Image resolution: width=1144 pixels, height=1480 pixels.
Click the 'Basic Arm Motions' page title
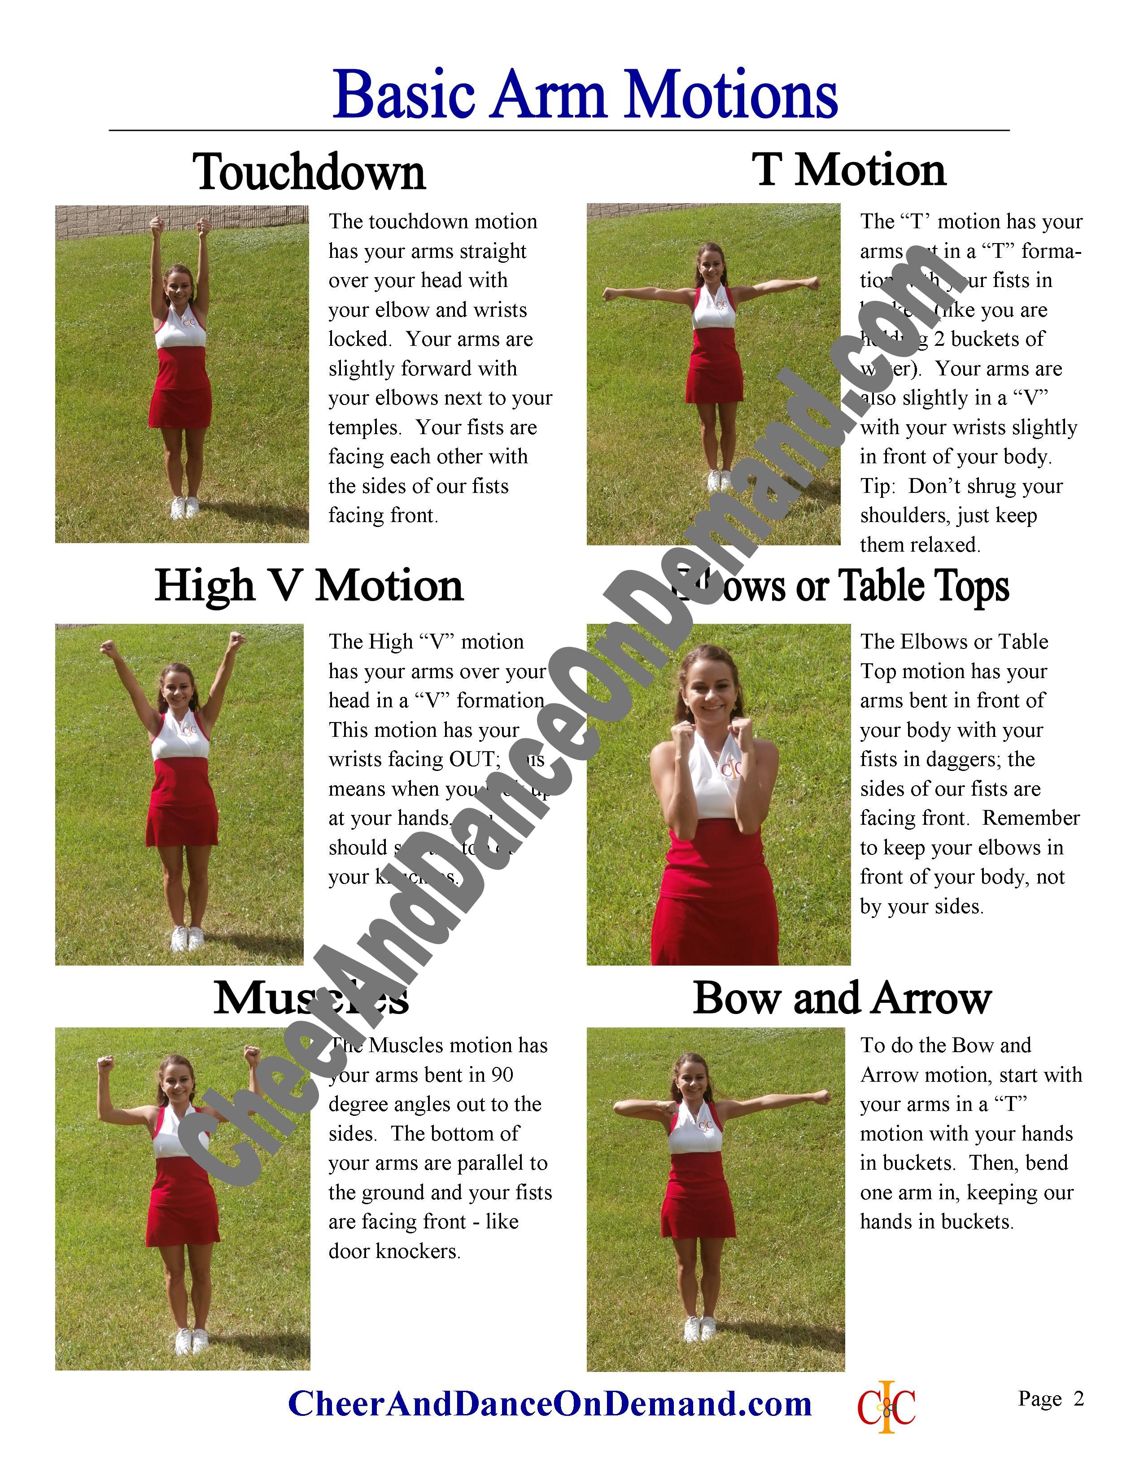(585, 95)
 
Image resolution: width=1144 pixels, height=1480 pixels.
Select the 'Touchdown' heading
(309, 172)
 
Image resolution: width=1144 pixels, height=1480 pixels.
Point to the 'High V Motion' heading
(309, 585)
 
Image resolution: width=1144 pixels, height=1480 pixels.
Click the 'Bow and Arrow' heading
(842, 998)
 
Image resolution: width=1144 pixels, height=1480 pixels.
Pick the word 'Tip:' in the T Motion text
(879, 487)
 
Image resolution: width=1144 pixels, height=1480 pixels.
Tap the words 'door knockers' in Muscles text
(394, 1251)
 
